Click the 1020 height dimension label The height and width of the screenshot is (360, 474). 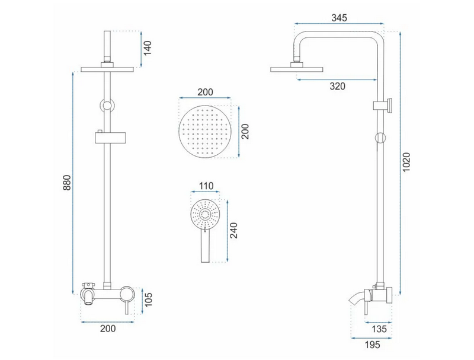coord(406,162)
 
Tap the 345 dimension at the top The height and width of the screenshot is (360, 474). coord(339,18)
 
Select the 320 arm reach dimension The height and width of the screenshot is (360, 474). coord(337,86)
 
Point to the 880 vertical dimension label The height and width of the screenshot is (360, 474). coord(66,183)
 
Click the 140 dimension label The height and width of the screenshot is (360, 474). coord(148,48)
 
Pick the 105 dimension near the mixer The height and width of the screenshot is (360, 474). coord(148,300)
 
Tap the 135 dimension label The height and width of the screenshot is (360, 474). coord(379,329)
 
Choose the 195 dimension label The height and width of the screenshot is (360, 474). coord(372,345)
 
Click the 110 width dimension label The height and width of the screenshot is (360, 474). coord(206,186)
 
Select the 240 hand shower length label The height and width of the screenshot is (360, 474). coord(234,230)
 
